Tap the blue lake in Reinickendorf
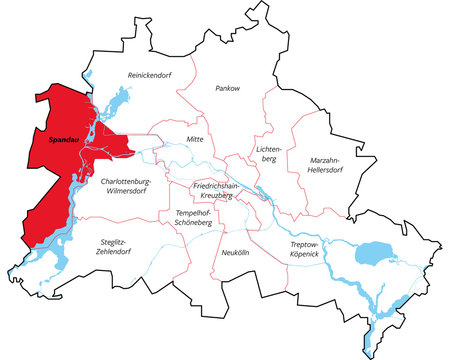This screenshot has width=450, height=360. pyautogui.click(x=116, y=101)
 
